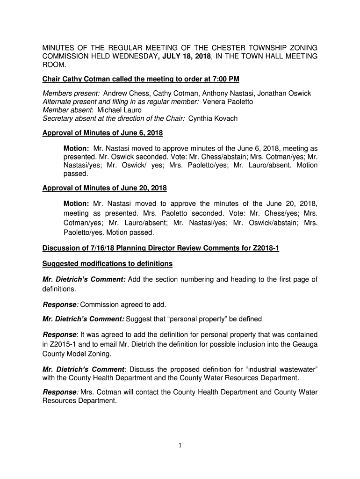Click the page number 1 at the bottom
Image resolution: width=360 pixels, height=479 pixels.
[180, 445]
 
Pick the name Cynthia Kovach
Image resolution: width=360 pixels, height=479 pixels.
[213, 118]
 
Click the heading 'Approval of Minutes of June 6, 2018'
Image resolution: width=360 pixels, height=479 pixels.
[102, 133]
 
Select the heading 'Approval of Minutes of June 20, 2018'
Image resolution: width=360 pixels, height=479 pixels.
[104, 188]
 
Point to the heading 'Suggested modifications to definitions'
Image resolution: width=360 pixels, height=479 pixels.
[108, 264]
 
